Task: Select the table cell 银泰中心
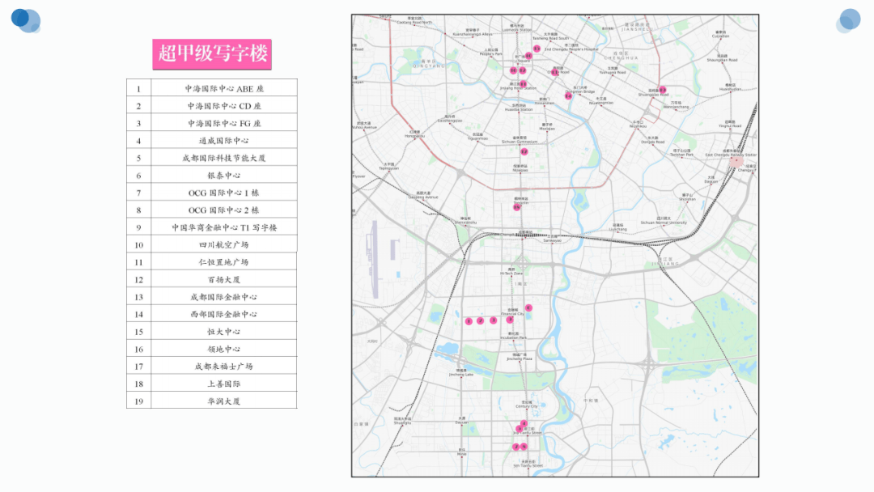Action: [224, 176]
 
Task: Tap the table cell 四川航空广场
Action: [224, 245]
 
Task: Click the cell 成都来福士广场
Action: [224, 367]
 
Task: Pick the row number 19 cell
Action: [138, 401]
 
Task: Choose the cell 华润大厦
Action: [224, 401]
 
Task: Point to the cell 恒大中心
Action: [224, 332]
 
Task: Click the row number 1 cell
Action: [138, 89]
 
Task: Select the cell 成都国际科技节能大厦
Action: [224, 159]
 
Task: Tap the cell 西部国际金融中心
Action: [224, 315]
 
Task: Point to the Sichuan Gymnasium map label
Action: [520, 140]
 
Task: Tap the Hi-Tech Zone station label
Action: [511, 273]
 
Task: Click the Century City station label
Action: [527, 405]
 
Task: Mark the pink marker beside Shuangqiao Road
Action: [662, 90]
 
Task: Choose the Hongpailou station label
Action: [414, 135]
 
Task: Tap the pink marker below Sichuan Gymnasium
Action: [524, 151]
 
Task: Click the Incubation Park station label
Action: [512, 337]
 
